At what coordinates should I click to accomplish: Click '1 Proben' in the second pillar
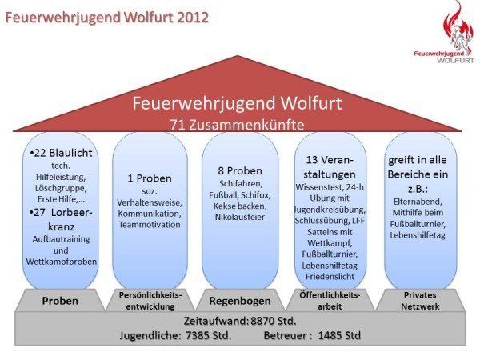coord(150,178)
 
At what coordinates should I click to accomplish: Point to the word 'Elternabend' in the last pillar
coord(419,202)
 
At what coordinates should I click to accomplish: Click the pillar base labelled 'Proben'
coord(60,302)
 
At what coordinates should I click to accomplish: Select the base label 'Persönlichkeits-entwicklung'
coord(150,301)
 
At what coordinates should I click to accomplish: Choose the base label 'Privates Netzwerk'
coord(419,301)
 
